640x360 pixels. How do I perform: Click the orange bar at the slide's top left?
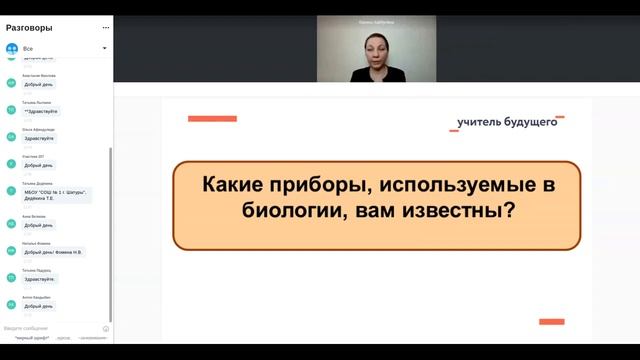pyautogui.click(x=212, y=119)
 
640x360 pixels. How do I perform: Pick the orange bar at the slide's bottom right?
pyautogui.click(x=552, y=321)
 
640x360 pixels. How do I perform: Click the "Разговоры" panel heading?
pyautogui.click(x=30, y=28)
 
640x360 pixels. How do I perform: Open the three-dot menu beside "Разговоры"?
pyautogui.click(x=105, y=28)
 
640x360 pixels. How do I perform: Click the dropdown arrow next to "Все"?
pyautogui.click(x=104, y=48)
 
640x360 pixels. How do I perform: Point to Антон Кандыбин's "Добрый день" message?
pyautogui.click(x=40, y=306)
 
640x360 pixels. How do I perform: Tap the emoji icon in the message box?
pyautogui.click(x=106, y=328)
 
